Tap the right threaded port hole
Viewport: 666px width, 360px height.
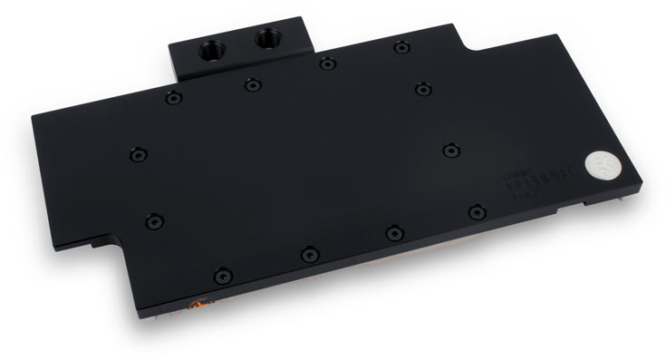coord(269,38)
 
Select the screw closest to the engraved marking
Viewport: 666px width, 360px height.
coord(478,211)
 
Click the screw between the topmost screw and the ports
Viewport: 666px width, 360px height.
coord(325,63)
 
